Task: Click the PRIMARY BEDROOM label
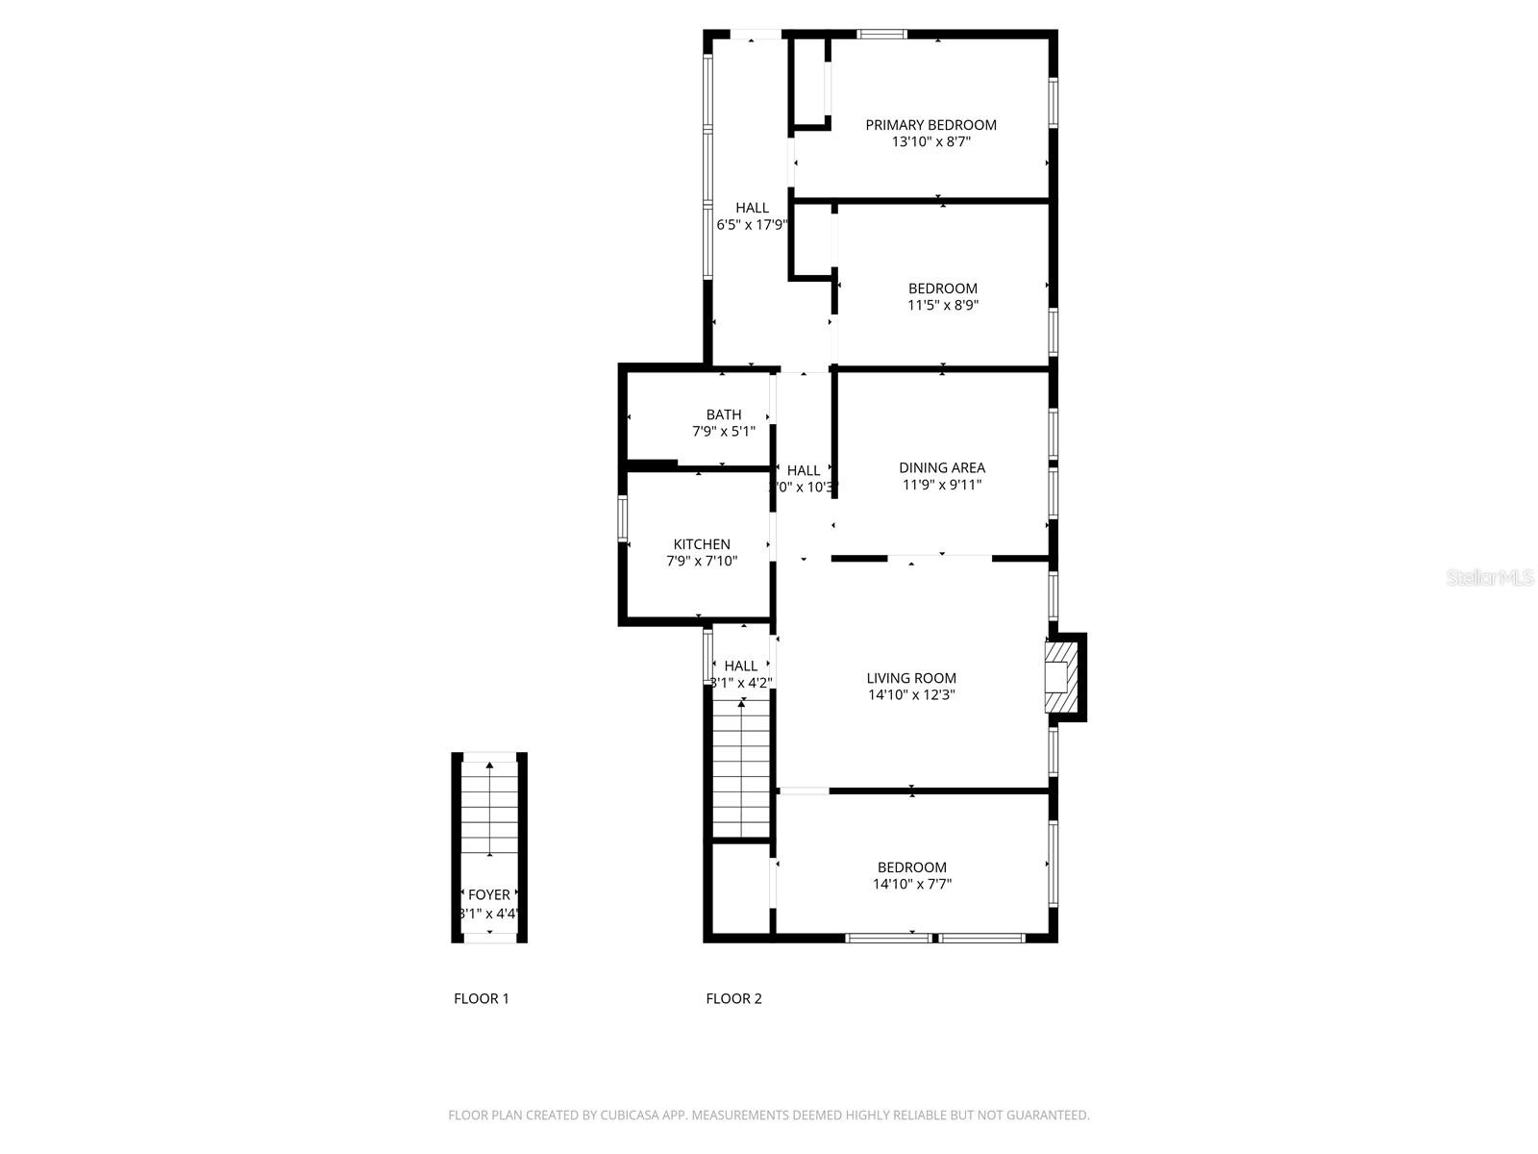point(930,125)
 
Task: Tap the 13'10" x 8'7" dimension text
point(930,142)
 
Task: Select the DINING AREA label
point(942,468)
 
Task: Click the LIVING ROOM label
point(911,678)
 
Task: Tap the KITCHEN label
point(702,544)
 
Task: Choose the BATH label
point(724,414)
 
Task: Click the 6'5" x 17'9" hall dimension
point(752,225)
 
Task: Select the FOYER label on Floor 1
point(489,894)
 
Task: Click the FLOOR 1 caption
point(482,998)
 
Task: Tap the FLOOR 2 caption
point(733,998)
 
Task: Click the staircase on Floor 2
point(741,769)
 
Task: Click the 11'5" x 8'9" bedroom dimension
point(943,306)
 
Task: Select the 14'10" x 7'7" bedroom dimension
point(911,884)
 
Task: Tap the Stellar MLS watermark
point(1490,578)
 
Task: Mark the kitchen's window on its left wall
point(622,519)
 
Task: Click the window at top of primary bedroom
point(882,35)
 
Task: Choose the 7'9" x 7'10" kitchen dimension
point(702,561)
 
